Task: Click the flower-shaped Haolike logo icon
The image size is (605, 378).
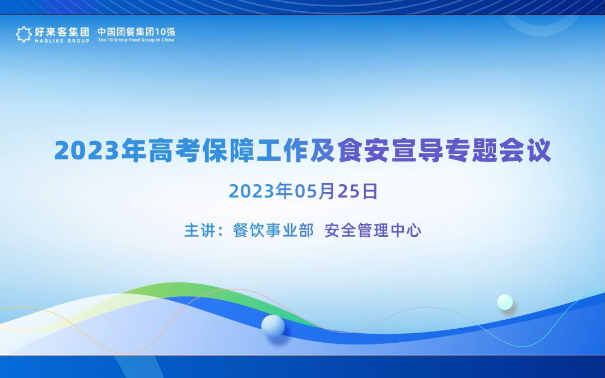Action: [x=24, y=34]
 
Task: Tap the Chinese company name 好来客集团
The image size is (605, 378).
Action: [x=62, y=31]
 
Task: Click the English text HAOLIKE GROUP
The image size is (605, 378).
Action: [x=62, y=40]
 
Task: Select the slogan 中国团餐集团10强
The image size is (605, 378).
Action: [x=136, y=31]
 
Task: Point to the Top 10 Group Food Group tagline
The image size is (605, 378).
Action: [x=136, y=40]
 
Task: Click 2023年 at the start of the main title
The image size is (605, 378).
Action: [x=100, y=151]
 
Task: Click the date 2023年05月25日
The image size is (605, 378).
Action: [x=303, y=191]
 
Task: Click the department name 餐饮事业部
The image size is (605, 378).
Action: [x=273, y=231]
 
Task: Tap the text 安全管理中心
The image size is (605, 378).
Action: [x=373, y=231]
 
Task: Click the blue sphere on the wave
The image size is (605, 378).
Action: [x=273, y=326]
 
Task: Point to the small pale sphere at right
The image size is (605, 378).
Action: [x=505, y=302]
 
